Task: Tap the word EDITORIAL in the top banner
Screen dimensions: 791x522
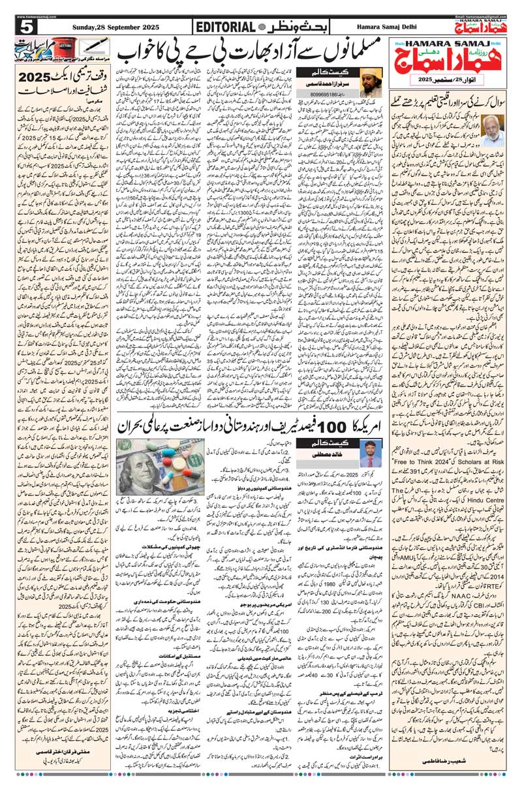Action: click(225, 27)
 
